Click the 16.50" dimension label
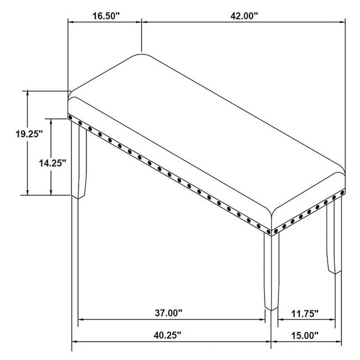(x=106, y=16)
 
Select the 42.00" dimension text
(x=244, y=16)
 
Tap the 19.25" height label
(x=29, y=134)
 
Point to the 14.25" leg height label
(x=53, y=163)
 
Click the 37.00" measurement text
(x=169, y=313)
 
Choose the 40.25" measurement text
(x=167, y=335)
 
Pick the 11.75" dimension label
(x=305, y=313)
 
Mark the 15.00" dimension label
(x=305, y=335)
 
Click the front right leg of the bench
(x=271, y=272)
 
